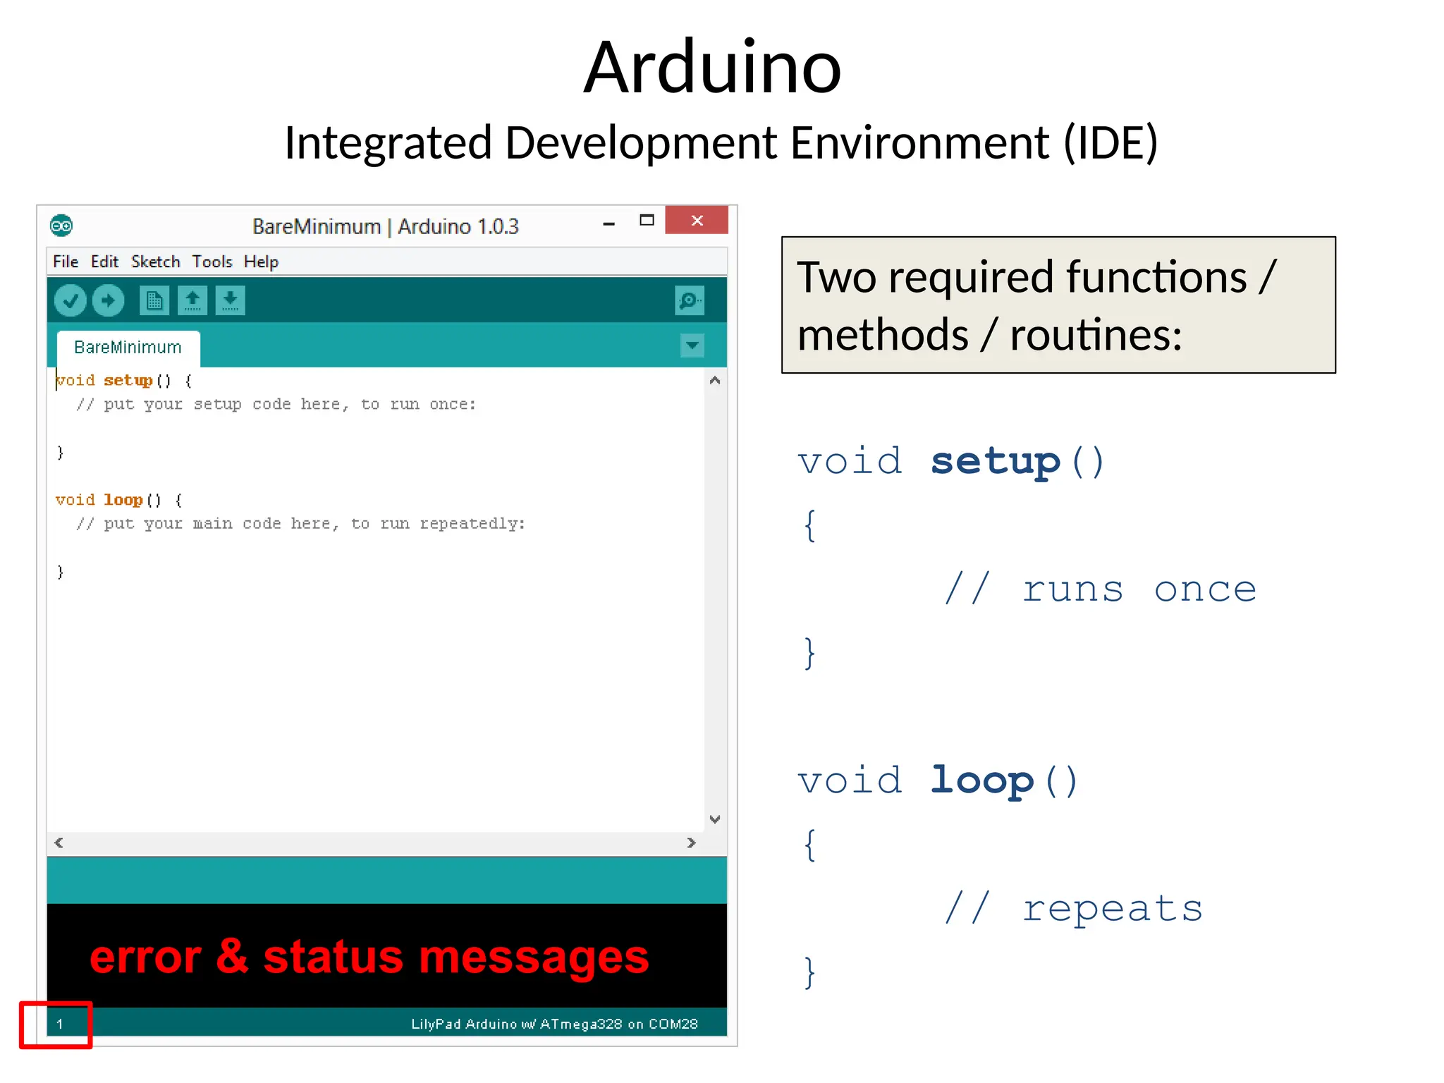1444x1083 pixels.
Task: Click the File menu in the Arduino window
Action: (x=66, y=262)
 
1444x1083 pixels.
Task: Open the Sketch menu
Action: (x=155, y=262)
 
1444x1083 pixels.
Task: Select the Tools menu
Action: (x=212, y=262)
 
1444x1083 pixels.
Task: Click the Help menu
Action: (x=261, y=262)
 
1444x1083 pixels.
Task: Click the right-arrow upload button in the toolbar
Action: (x=108, y=301)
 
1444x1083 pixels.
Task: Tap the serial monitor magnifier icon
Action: (x=689, y=301)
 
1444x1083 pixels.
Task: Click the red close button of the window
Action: (x=697, y=221)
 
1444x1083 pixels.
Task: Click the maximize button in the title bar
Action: (x=647, y=221)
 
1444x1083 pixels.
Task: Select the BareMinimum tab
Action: (x=128, y=348)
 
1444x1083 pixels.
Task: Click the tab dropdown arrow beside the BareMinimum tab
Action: (x=692, y=345)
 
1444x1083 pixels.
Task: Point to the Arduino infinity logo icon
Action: (x=61, y=226)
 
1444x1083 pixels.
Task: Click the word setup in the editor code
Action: (x=128, y=381)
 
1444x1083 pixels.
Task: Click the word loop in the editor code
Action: (x=123, y=500)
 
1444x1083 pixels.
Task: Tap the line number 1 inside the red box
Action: (x=60, y=1024)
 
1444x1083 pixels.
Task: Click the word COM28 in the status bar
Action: (x=673, y=1024)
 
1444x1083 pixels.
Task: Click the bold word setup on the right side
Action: (x=995, y=463)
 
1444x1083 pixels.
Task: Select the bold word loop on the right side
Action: (x=981, y=781)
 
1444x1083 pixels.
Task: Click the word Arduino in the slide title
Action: (x=712, y=68)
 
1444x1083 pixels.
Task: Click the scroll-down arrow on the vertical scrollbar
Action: (x=715, y=819)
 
